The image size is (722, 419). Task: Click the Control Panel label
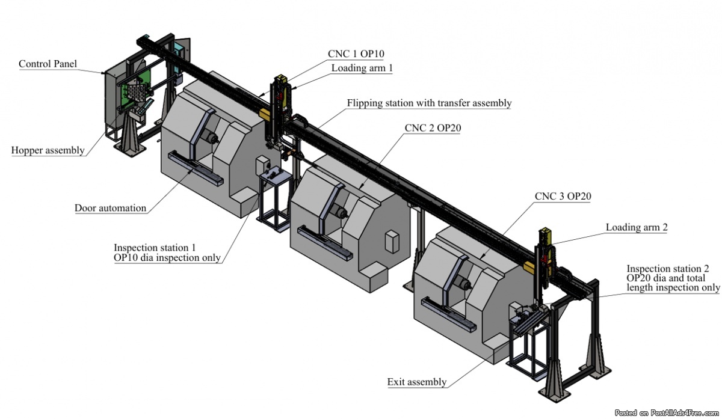click(x=48, y=64)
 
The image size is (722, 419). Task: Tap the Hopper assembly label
click(x=48, y=150)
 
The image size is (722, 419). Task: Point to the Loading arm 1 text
click(x=362, y=68)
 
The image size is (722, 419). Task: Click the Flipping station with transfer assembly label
click(x=429, y=103)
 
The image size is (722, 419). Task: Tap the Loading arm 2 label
click(x=637, y=227)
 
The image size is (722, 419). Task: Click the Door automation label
click(x=110, y=208)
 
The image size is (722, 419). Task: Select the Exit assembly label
click(x=416, y=382)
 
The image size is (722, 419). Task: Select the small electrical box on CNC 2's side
click(x=392, y=241)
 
